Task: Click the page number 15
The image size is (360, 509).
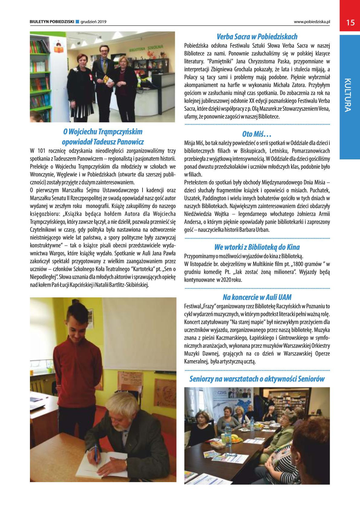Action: pos(350,23)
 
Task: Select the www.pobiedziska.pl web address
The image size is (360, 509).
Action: pos(312,22)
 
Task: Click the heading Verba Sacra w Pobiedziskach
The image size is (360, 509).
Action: pos(257,37)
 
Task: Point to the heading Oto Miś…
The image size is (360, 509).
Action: pos(257,134)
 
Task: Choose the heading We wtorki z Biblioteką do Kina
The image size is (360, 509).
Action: pos(257,247)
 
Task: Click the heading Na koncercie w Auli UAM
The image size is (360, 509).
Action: pos(257,297)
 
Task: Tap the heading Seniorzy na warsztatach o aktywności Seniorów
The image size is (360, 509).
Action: pos(257,379)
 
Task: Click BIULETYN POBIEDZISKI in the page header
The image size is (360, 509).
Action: pos(52,22)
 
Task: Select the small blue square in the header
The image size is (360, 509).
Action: pos(77,21)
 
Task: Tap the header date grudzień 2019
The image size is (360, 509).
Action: pos(93,22)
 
